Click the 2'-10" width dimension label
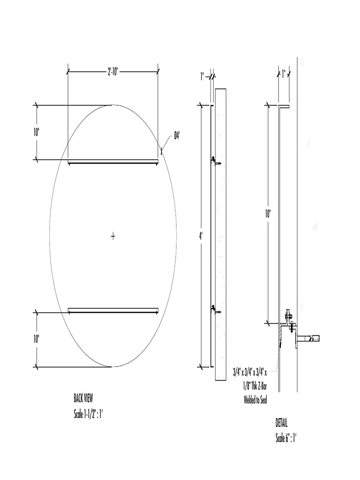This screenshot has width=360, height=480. click(x=113, y=72)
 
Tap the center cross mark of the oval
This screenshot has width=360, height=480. click(x=113, y=236)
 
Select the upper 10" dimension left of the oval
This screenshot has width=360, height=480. click(x=37, y=132)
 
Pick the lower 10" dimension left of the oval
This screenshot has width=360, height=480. click(x=37, y=339)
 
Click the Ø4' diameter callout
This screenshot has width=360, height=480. click(x=177, y=135)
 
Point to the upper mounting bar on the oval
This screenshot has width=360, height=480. click(x=113, y=162)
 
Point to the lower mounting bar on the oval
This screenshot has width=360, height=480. click(x=113, y=310)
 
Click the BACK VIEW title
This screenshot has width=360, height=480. click(x=83, y=398)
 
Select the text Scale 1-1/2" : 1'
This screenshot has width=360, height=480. click(x=88, y=414)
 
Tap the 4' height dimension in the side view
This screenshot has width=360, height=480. click(x=201, y=236)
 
